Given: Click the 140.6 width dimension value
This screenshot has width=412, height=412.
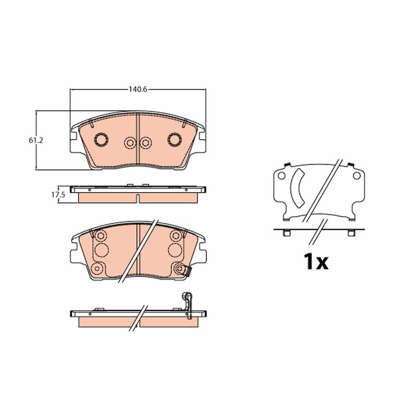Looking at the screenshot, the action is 138,89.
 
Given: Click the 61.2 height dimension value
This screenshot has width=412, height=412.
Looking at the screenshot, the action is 36,140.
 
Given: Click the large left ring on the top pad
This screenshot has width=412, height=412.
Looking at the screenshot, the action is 101,140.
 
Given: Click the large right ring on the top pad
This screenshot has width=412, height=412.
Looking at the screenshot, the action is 175,140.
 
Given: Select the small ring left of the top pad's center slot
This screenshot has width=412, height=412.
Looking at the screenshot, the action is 130,142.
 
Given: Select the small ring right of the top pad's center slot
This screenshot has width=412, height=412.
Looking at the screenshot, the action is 145,142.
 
